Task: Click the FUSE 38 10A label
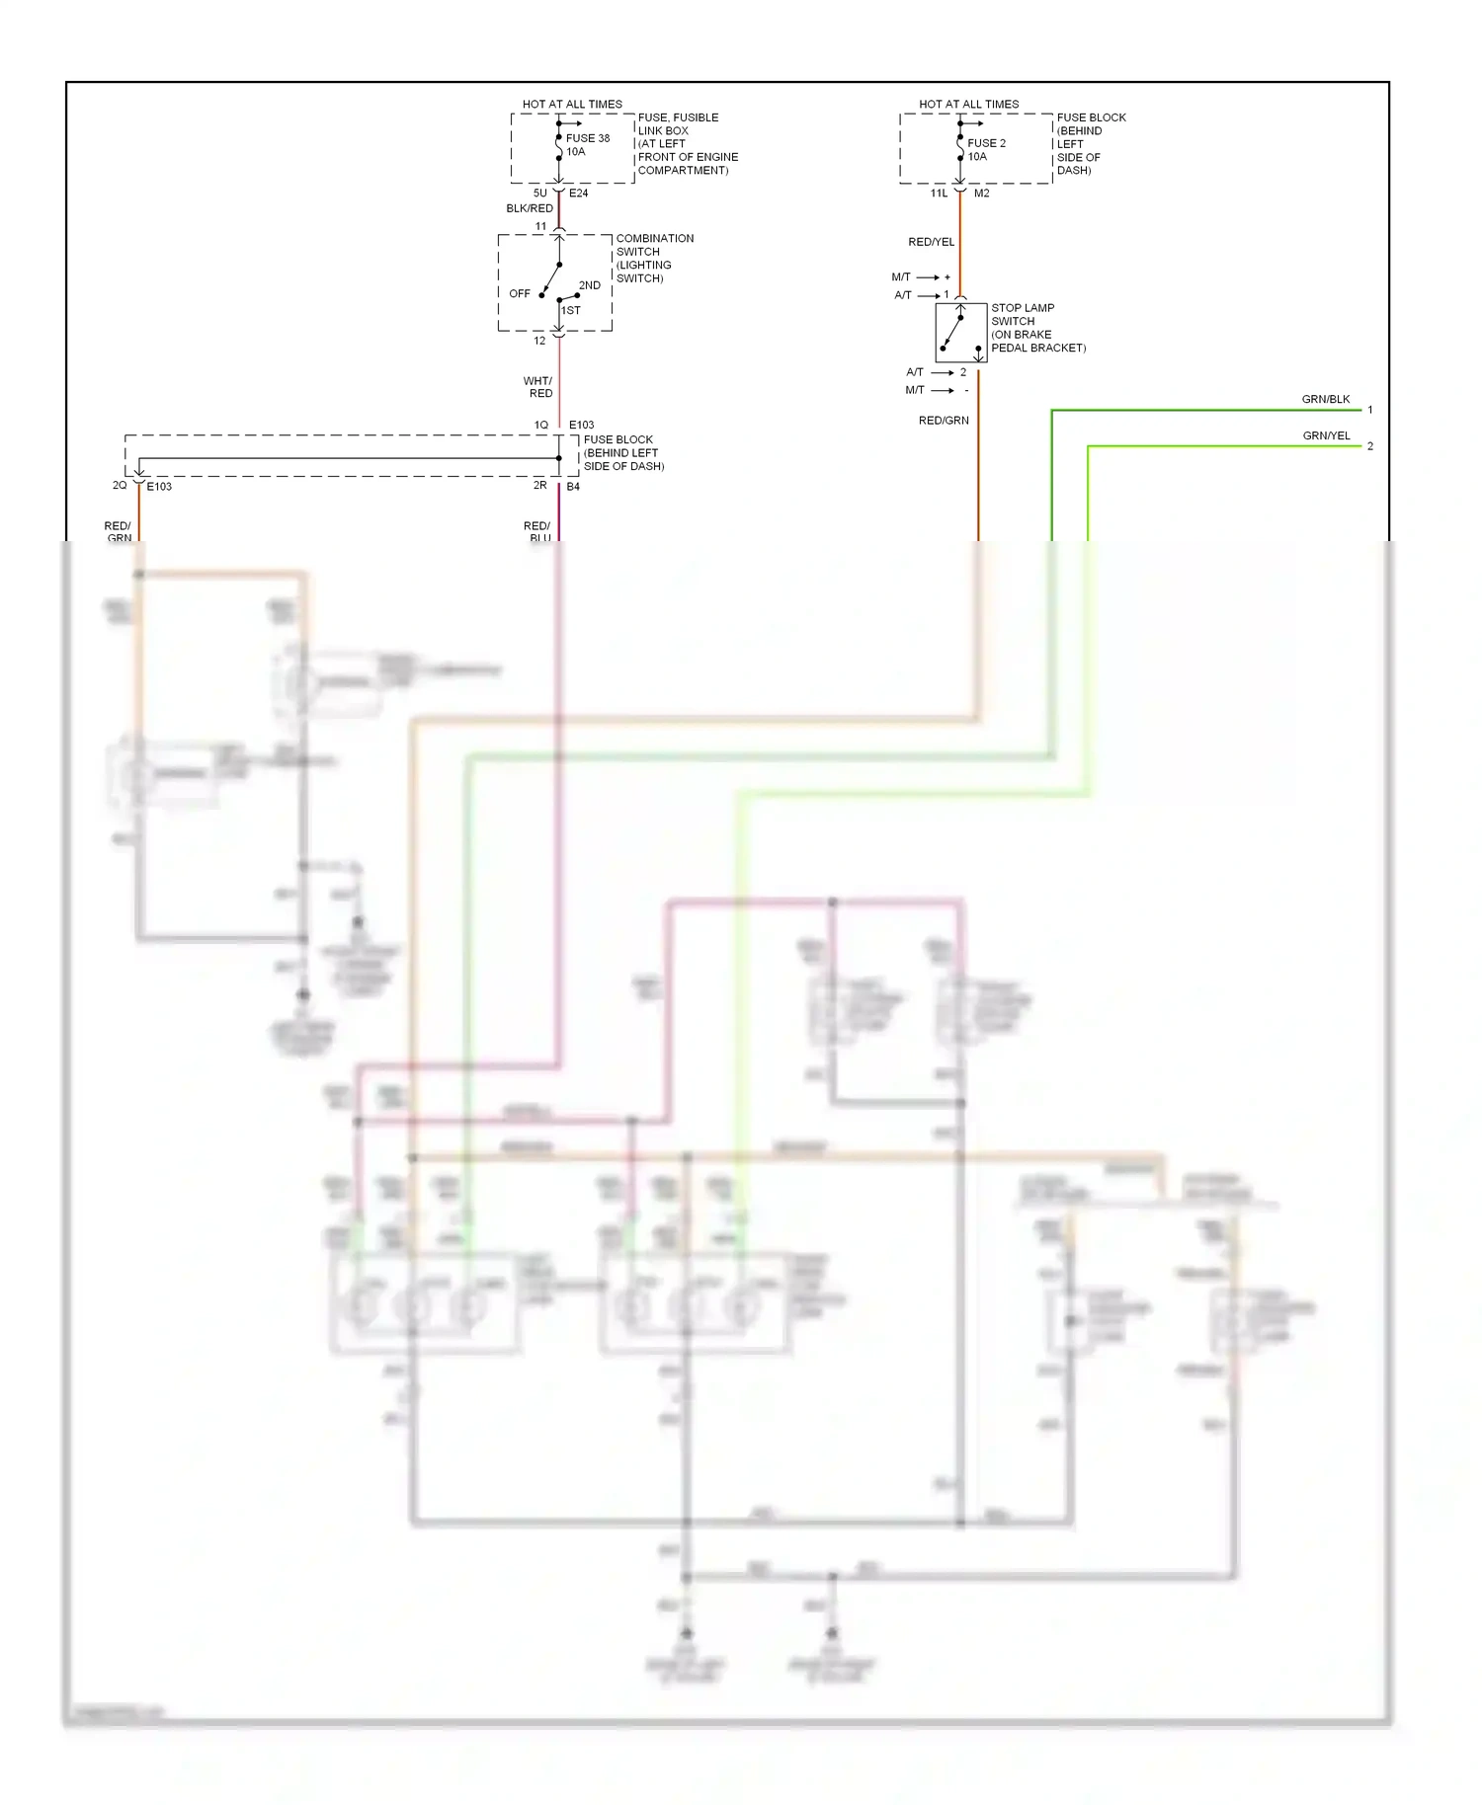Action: (587, 145)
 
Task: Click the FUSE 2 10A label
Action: (985, 149)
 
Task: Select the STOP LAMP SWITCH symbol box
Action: (960, 333)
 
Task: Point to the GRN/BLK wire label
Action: (1325, 399)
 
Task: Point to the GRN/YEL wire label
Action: (1325, 435)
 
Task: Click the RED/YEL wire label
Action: (931, 242)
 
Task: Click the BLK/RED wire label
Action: (530, 208)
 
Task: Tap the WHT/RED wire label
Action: (538, 387)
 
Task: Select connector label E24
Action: (578, 194)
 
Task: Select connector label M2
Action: (981, 194)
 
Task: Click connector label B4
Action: (573, 487)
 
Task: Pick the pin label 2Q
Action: (120, 486)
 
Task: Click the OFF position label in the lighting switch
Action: (520, 293)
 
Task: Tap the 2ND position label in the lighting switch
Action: (589, 285)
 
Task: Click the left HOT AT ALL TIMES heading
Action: (572, 104)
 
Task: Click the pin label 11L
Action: (939, 194)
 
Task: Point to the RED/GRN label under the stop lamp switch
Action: (944, 421)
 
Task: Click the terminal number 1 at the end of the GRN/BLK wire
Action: (1369, 410)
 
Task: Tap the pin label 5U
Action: (539, 194)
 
